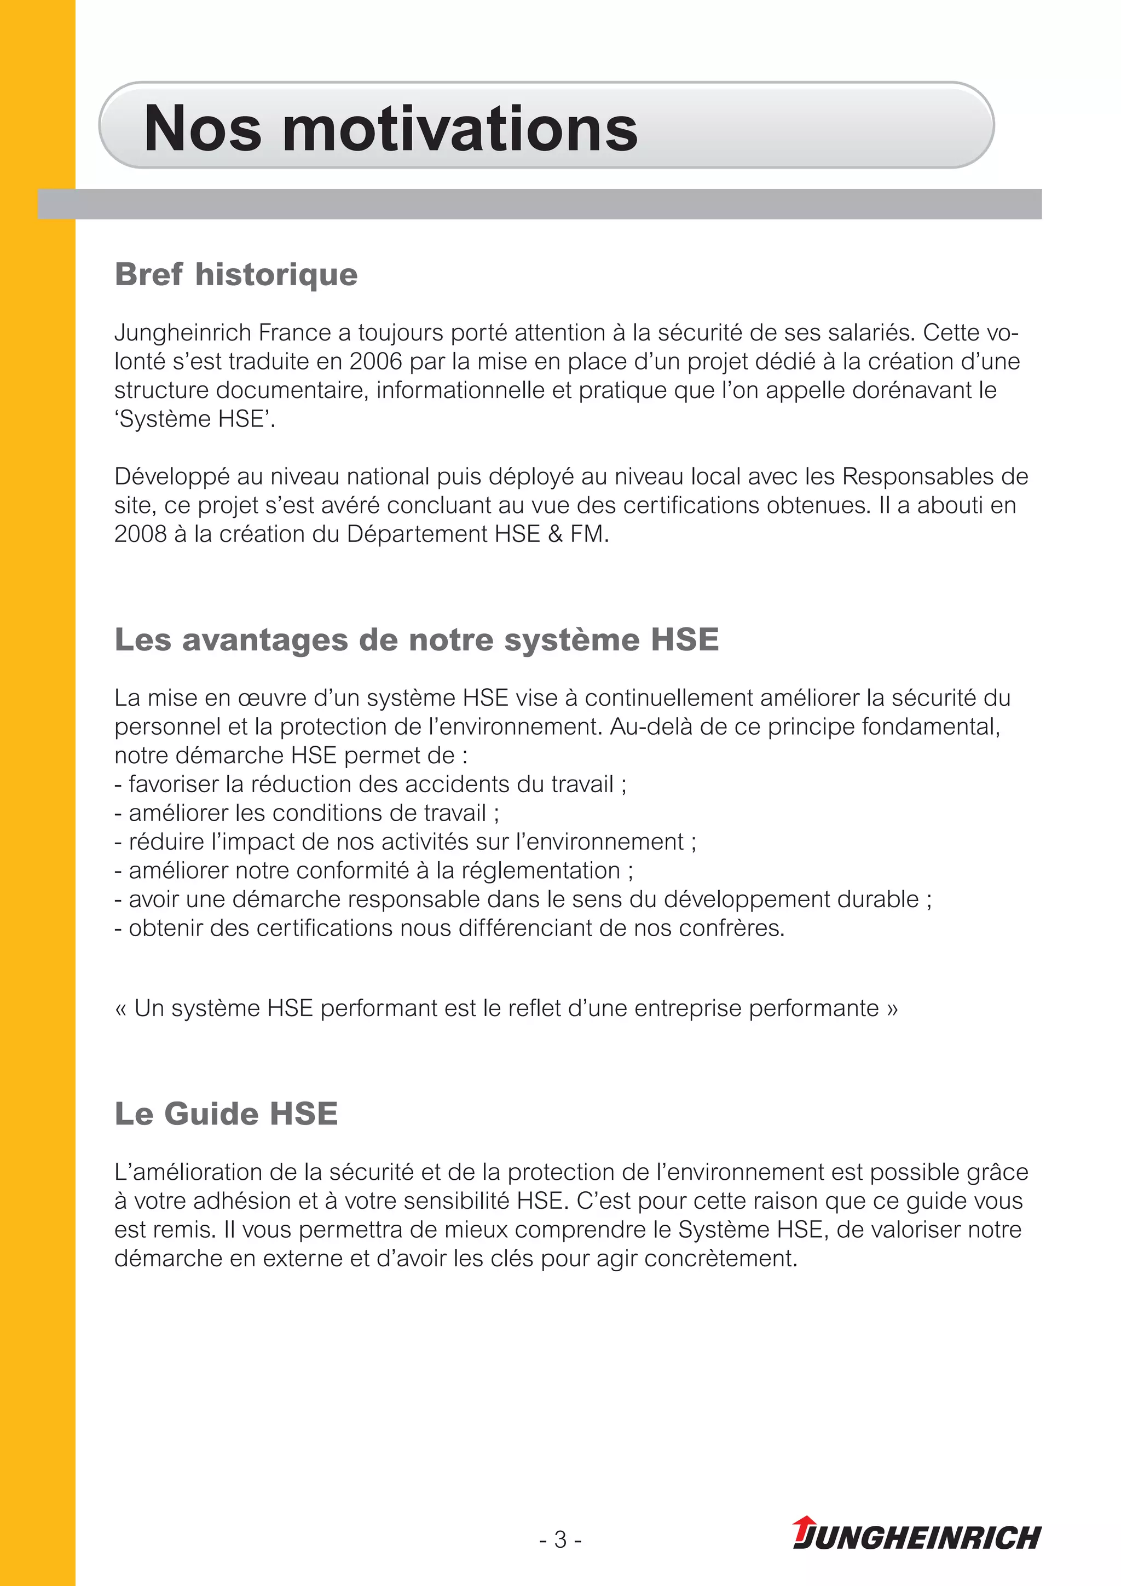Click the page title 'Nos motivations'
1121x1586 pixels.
click(x=390, y=129)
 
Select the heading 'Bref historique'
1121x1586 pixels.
click(x=236, y=274)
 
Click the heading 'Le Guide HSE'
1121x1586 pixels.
click(x=226, y=1114)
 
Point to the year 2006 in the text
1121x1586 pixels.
click(x=375, y=361)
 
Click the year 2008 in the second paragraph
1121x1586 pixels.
click(x=140, y=534)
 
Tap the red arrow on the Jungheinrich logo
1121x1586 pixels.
click(x=804, y=1525)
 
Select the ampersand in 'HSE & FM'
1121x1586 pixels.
click(x=556, y=534)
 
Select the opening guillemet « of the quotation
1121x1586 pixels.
click(x=121, y=1008)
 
